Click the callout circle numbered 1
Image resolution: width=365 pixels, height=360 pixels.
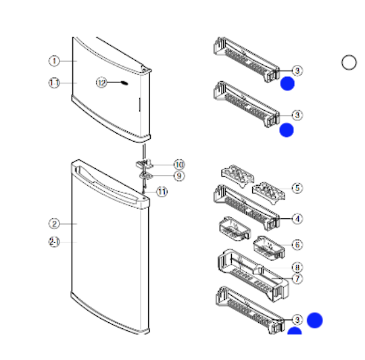pos(53,61)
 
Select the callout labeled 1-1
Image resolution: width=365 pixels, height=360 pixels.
pos(53,82)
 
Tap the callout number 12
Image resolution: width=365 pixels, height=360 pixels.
pos(101,82)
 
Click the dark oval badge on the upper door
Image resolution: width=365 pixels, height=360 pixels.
pos(125,83)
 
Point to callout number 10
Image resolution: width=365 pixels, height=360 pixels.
pos(179,164)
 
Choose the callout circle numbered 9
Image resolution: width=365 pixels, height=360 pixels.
pos(179,176)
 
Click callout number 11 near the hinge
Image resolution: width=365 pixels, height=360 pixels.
pos(162,191)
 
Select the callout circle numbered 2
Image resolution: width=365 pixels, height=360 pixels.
pos(53,224)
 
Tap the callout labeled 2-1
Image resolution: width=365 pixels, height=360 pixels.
pos(53,242)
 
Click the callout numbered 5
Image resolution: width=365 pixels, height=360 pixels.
pos(297,187)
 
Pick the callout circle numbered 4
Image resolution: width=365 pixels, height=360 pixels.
pos(297,218)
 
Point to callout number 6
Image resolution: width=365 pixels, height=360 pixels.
pos(297,245)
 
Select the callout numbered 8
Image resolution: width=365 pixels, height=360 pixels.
pos(297,267)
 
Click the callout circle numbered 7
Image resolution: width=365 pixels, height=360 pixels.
pos(297,278)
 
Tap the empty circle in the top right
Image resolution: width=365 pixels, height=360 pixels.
pos(349,63)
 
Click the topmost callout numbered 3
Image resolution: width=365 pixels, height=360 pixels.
pos(297,70)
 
